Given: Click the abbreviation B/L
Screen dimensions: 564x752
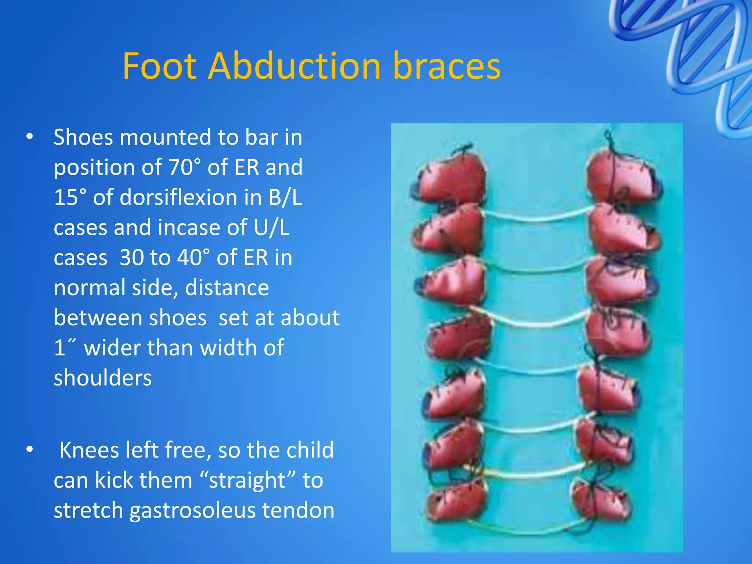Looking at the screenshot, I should pos(285,197).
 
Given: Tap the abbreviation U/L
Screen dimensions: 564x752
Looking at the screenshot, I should pos(271,227).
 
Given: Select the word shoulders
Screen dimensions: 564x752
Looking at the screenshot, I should pos(103,378).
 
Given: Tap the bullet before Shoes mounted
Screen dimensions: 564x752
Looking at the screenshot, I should pos(30,137).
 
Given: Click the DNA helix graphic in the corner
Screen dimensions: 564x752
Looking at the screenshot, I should pos(698,55).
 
